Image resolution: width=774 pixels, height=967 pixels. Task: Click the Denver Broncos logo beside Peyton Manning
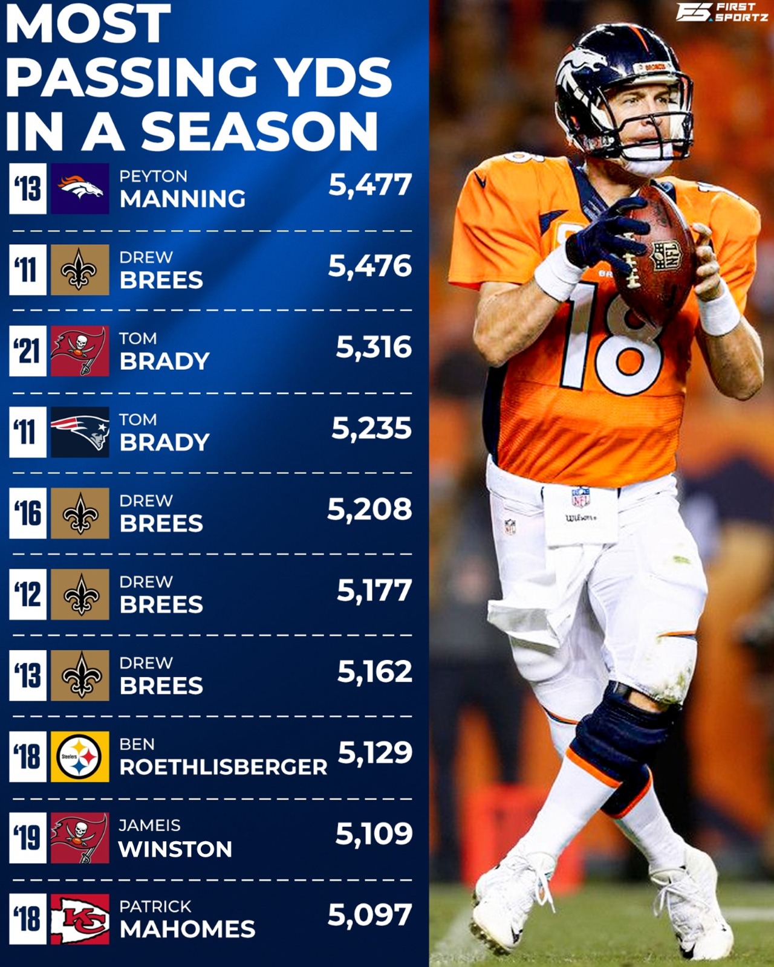click(x=80, y=189)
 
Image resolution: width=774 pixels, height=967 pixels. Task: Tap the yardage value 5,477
click(x=369, y=185)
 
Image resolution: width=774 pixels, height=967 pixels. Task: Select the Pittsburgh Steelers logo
click(x=80, y=757)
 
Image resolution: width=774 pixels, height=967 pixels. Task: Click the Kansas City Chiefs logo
click(x=80, y=919)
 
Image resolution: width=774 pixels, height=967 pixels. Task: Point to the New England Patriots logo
click(x=80, y=432)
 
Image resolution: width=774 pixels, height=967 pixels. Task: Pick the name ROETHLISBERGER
click(x=223, y=767)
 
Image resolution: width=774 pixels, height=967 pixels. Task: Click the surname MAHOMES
click(x=187, y=930)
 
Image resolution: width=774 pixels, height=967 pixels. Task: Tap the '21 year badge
click(x=28, y=351)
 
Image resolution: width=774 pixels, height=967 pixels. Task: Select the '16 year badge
click(x=28, y=513)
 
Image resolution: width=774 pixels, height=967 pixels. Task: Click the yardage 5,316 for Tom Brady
click(x=374, y=348)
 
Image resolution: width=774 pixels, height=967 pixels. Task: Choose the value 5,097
click(x=369, y=915)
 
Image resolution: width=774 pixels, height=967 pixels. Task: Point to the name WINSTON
click(x=175, y=849)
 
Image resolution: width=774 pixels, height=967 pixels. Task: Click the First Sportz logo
click(x=721, y=11)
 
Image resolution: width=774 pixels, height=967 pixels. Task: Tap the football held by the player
click(x=657, y=256)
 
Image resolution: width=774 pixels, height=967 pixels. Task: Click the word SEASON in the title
click(x=259, y=131)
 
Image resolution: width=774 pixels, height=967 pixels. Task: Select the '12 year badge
click(x=28, y=595)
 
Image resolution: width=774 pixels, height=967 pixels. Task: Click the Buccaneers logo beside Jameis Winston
click(x=80, y=838)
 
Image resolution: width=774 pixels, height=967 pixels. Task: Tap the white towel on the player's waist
click(x=580, y=517)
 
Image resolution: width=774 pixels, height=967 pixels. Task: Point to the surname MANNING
click(x=183, y=199)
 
